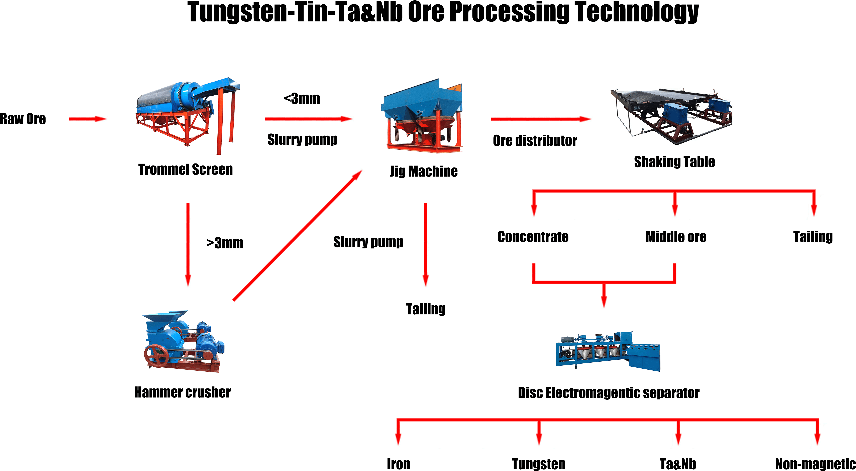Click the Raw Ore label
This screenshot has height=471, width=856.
[x=23, y=119]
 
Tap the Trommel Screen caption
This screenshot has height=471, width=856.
[x=185, y=169]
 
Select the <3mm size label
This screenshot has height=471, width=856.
[x=302, y=99]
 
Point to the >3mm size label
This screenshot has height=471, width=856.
[x=225, y=243]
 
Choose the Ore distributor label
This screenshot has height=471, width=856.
[x=535, y=140]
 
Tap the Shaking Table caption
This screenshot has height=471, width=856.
[x=675, y=162]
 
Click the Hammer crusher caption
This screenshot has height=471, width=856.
[x=182, y=392]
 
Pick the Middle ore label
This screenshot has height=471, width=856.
[x=676, y=237]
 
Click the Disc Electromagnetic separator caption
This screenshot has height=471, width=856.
[x=609, y=393]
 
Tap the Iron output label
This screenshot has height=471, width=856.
[x=398, y=464]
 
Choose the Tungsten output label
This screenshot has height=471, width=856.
[x=539, y=464]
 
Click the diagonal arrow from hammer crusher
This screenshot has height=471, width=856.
[x=297, y=236]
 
